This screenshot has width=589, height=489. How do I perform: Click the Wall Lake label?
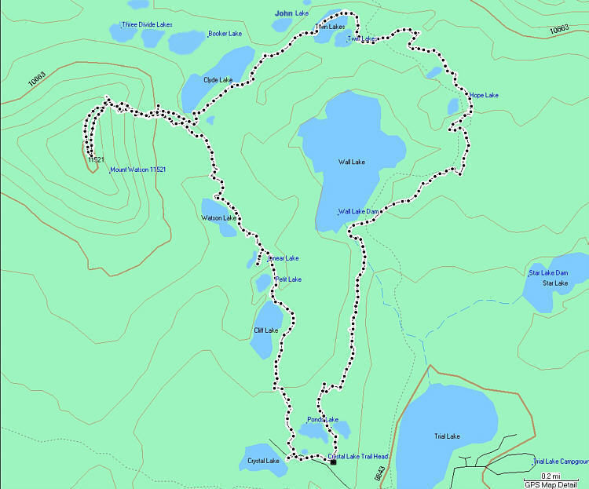click(x=352, y=162)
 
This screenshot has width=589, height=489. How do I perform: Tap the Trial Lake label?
click(x=446, y=436)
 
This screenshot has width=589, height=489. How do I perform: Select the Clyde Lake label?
click(x=218, y=80)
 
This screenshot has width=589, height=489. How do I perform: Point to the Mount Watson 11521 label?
click(x=138, y=170)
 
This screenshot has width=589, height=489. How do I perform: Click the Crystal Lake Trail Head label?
click(x=358, y=456)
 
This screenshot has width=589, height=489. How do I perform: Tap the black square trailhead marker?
click(x=333, y=462)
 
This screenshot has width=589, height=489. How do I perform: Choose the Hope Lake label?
click(x=485, y=96)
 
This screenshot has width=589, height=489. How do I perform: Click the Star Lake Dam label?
click(x=548, y=273)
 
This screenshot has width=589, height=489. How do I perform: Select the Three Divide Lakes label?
click(x=147, y=25)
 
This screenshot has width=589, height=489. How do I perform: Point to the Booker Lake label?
click(x=225, y=34)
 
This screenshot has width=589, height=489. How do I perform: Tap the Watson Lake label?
click(x=218, y=217)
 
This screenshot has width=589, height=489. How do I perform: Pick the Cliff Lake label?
click(x=266, y=330)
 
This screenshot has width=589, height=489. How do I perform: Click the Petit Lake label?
click(x=288, y=279)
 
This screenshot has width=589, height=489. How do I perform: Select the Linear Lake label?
click(x=284, y=258)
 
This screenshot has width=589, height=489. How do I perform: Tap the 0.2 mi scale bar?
click(x=550, y=476)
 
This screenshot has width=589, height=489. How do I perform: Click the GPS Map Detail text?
click(x=555, y=484)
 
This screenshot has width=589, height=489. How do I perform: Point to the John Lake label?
click(x=292, y=13)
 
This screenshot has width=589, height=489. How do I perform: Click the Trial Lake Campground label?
click(x=561, y=462)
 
